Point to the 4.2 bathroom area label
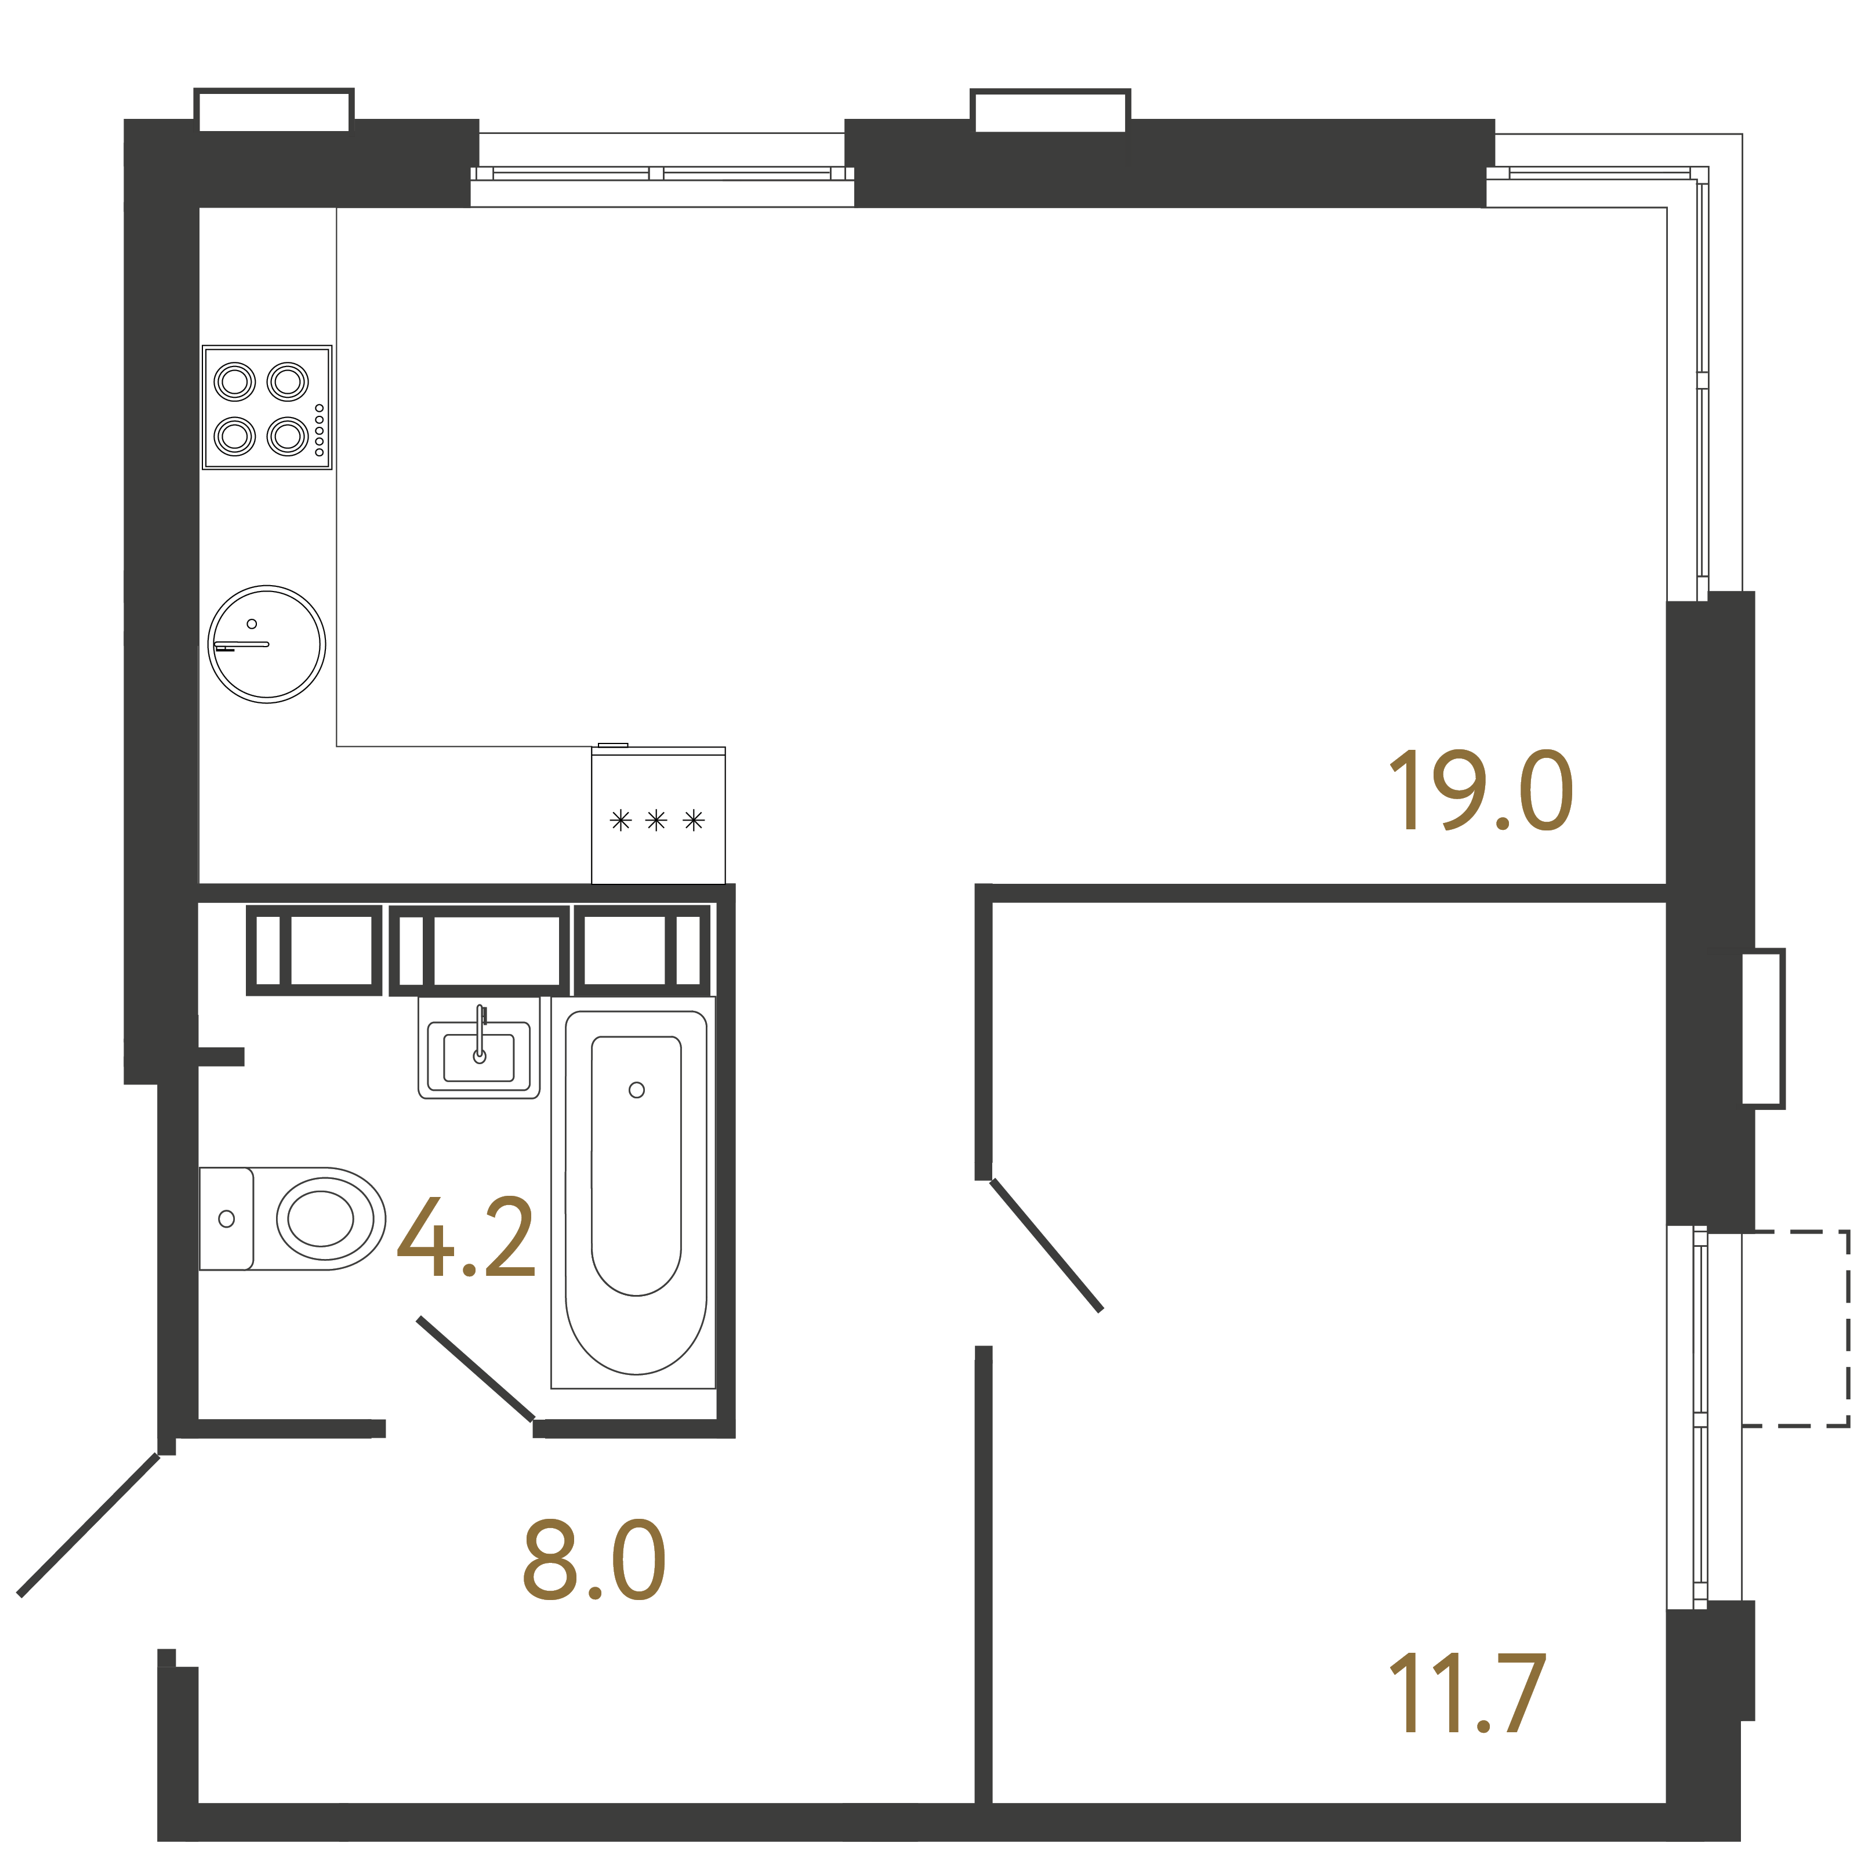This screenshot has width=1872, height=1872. coord(466,1238)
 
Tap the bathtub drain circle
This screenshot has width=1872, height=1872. coord(637,1090)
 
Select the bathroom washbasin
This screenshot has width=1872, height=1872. coord(478,1052)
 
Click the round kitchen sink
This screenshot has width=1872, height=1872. coord(266,644)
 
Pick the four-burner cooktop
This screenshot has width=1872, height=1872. coord(266,408)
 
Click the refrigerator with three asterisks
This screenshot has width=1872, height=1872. coord(658,817)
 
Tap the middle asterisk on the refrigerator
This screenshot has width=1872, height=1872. coord(656,821)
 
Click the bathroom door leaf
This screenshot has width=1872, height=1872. coord(475,1369)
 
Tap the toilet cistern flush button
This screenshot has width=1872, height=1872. coord(227,1219)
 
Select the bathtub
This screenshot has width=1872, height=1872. coord(636,1192)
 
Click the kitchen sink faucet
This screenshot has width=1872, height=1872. coord(242,644)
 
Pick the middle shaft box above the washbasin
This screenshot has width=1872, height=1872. coord(478,950)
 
